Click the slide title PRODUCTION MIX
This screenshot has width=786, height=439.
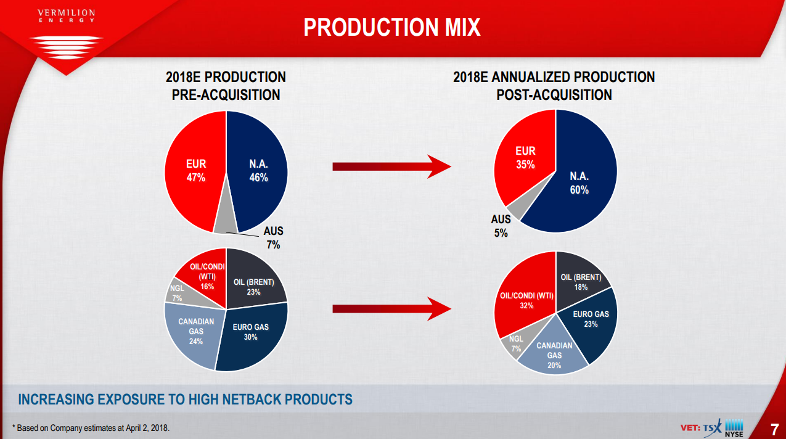(392, 28)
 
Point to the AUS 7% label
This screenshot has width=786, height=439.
(273, 237)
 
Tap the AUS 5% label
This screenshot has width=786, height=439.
(501, 226)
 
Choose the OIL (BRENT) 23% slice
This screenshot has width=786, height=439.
(253, 287)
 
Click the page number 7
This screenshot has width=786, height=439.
(774, 429)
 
